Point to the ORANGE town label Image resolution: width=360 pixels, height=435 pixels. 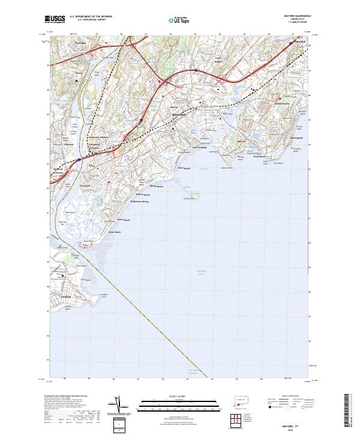(300, 43)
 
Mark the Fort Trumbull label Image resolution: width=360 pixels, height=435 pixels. (200, 146)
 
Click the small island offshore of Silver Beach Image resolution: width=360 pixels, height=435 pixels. (193, 196)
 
